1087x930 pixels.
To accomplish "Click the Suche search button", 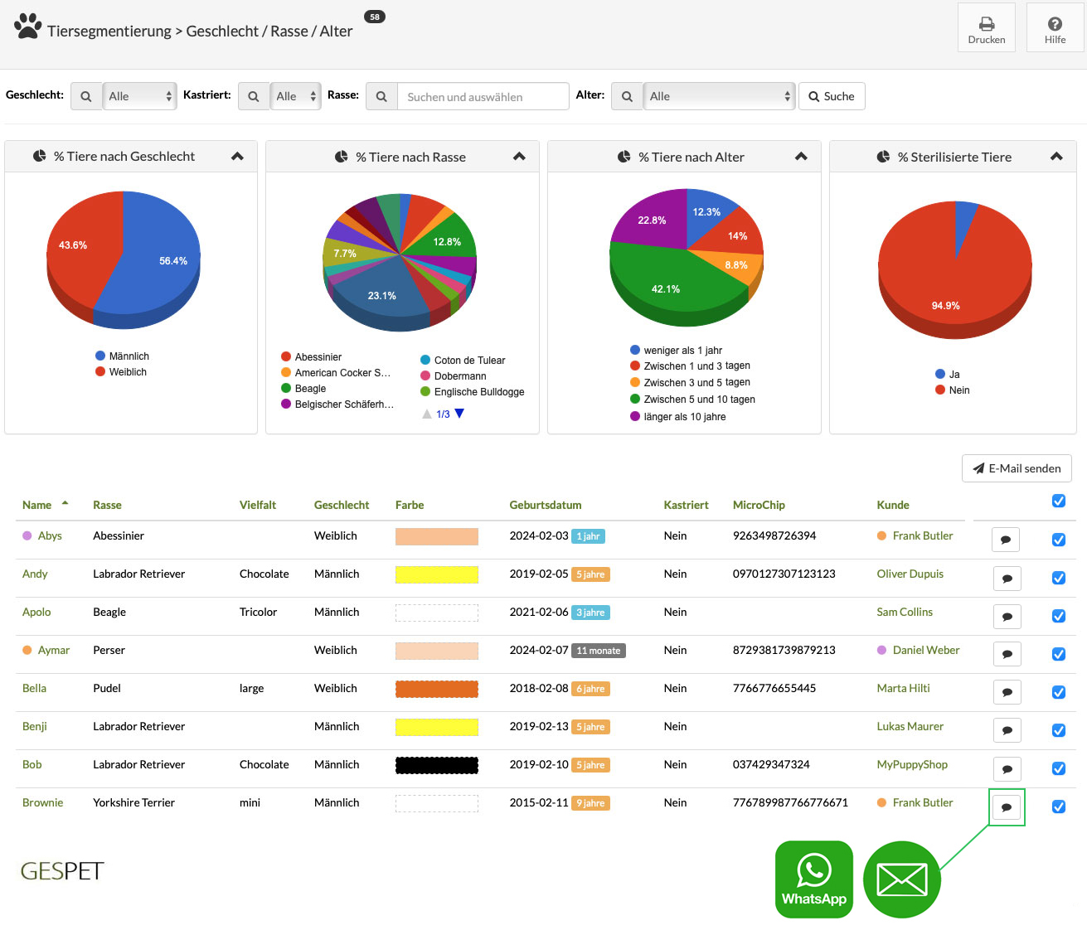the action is coord(832,96).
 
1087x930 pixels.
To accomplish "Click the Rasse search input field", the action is coord(483,97).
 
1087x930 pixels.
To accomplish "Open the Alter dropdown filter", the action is coord(719,96).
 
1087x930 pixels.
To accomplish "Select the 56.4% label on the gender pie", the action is coord(173,261).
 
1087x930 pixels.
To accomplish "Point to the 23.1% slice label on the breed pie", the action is coord(381,295).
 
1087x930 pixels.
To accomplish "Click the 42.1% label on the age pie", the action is coord(665,289).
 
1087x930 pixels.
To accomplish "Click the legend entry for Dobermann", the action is coord(454,375).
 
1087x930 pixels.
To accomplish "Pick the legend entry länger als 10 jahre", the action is coord(678,416).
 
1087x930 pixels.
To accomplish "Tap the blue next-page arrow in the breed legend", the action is coord(459,414).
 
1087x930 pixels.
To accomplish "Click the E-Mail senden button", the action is coord(1016,468).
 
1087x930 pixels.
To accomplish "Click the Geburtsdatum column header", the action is coord(546,506).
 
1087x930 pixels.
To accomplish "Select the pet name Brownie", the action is coord(42,803).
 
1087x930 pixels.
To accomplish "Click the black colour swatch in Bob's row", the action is coord(436,765).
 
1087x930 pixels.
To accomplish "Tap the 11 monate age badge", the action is coord(599,651).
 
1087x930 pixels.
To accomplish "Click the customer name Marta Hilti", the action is coord(903,688).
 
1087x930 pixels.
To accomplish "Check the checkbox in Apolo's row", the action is coord(1059,616).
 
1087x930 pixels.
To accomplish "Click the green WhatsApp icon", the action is coord(813,879).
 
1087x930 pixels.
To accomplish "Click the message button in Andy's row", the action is coord(1007,579).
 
